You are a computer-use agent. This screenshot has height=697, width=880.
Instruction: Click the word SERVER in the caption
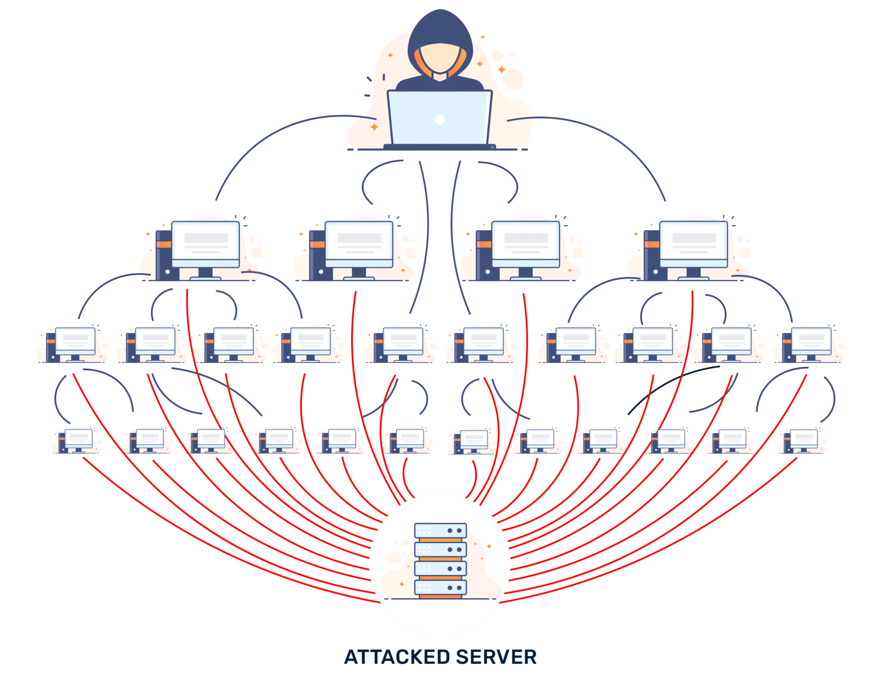(x=496, y=657)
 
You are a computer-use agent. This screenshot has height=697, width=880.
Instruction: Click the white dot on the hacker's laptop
(x=440, y=120)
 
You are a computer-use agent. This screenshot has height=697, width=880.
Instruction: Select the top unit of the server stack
(x=440, y=531)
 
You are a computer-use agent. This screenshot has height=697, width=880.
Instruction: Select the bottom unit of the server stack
(x=440, y=587)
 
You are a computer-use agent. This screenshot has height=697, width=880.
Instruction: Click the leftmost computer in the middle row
(x=75, y=342)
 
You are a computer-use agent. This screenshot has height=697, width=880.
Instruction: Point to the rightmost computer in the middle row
(x=811, y=342)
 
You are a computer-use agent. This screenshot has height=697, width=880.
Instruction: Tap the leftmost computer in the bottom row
(x=79, y=439)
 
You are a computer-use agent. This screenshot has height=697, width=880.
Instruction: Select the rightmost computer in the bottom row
(x=804, y=439)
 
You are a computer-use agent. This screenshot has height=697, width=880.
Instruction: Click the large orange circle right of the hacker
(x=513, y=80)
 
